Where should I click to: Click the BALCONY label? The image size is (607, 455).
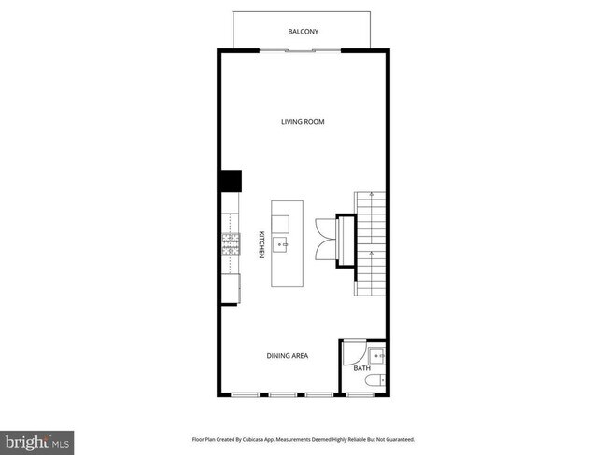click(303, 32)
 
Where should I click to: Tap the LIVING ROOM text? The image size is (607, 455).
click(303, 122)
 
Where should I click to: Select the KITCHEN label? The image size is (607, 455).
click(261, 245)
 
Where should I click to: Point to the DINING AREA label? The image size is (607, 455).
click(288, 355)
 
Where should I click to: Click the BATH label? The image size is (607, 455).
click(362, 368)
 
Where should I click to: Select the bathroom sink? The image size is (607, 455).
click(376, 355)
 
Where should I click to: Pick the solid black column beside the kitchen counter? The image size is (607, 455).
click(231, 181)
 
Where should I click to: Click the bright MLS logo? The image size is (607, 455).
click(38, 439)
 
